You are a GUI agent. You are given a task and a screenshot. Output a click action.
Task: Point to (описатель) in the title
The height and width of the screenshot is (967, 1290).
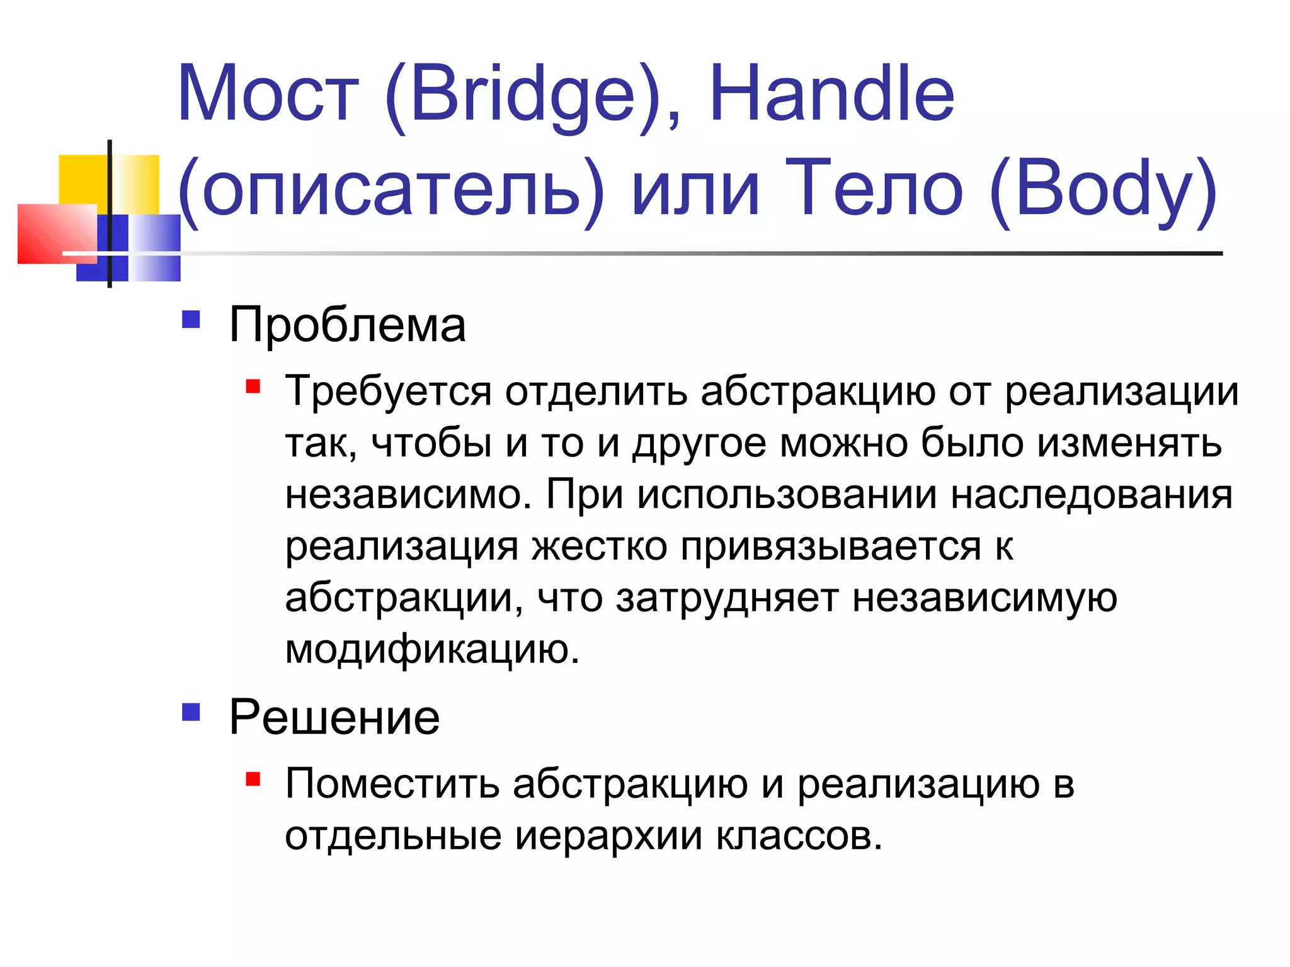391,189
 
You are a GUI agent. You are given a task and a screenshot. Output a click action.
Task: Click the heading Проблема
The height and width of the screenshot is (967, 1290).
347,325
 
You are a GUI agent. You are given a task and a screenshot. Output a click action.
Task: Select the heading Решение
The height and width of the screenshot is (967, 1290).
334,717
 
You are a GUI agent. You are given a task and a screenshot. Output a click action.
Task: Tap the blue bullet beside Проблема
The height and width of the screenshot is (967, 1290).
191,320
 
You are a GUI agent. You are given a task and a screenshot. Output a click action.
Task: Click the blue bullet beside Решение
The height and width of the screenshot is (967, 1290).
191,712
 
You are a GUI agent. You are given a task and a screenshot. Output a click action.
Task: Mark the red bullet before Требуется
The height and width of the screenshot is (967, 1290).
253,386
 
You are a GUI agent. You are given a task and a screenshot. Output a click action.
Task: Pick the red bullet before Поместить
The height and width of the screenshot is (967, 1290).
253,779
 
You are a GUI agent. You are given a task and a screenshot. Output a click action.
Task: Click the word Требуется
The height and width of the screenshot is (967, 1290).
388,392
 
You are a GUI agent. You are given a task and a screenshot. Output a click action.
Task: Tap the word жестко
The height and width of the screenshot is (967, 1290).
599,546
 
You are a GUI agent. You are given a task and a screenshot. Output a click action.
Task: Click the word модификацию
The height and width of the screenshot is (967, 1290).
432,650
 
